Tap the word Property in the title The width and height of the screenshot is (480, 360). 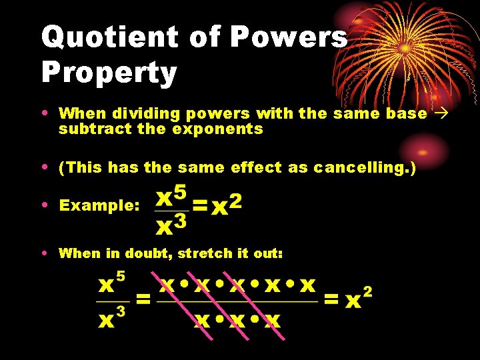pos(109,73)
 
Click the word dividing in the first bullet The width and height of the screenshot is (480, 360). pos(139,113)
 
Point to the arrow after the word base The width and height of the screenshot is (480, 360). pos(440,113)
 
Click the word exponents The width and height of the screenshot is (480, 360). pos(218,129)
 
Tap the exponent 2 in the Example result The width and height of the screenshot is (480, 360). pos(235,200)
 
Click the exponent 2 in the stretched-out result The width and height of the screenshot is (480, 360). pos(367,292)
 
